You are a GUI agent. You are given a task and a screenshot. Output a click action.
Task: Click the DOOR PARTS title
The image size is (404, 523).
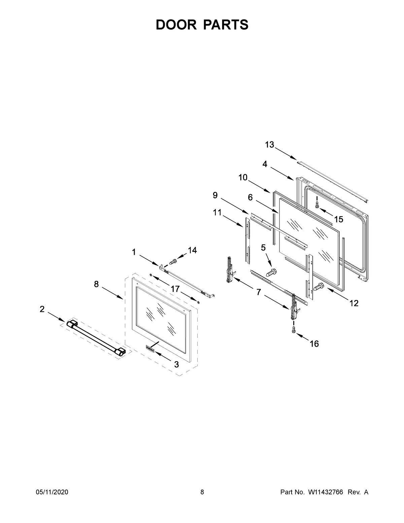click(x=202, y=25)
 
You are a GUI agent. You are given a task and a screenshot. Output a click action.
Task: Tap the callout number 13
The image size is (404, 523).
click(x=269, y=145)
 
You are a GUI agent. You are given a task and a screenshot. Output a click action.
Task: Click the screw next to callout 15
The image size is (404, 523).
click(x=317, y=203)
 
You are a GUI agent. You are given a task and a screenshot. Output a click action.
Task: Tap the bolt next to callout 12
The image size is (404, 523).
click(x=318, y=287)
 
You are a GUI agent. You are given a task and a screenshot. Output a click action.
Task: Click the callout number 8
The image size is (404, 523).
click(x=96, y=284)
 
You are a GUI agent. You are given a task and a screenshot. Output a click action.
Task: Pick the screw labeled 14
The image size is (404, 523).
click(x=173, y=261)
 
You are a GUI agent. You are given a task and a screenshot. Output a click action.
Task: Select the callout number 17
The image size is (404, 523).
click(x=175, y=289)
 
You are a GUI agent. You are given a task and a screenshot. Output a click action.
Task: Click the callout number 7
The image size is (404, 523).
click(x=259, y=292)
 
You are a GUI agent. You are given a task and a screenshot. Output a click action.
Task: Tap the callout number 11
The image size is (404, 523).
click(x=217, y=213)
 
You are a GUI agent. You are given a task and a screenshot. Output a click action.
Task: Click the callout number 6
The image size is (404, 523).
click(x=250, y=198)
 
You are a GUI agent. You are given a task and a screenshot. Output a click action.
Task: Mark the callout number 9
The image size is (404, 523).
click(x=215, y=195)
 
